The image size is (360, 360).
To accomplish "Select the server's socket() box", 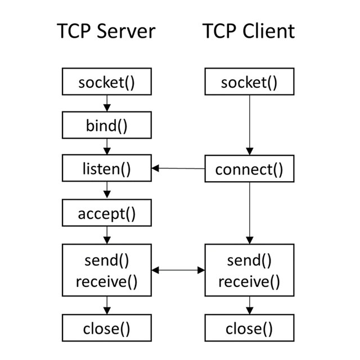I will tap(106, 83).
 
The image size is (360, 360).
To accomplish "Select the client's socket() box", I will tap(249, 83).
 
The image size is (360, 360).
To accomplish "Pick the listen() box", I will tap(106, 169).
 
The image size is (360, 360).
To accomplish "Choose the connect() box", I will tap(249, 169).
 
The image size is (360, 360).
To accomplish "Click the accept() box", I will tap(106, 214).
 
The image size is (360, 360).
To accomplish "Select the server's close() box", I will tap(106, 328).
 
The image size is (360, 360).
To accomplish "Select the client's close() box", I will tap(249, 328).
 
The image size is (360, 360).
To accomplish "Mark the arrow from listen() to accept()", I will tap(106, 191).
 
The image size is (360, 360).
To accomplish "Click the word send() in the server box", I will tap(106, 260).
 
